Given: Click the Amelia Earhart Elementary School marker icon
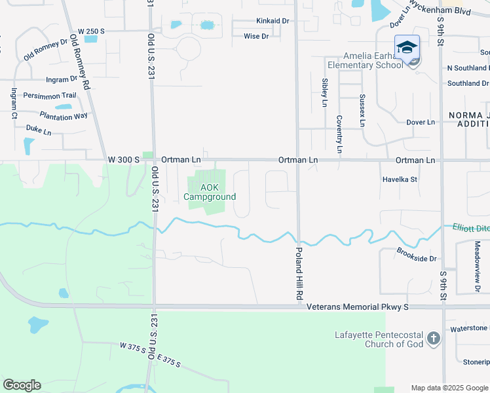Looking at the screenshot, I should tap(407, 48).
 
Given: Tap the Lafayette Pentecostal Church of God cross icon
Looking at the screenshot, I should tap(432, 339).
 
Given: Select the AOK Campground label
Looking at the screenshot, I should tap(210, 192).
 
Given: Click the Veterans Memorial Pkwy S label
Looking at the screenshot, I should tap(358, 307).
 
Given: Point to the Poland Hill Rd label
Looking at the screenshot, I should tap(299, 274).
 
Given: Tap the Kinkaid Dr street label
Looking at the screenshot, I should tap(273, 21).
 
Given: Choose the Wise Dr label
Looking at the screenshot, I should tap(256, 36).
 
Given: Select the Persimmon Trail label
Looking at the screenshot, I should tap(49, 96).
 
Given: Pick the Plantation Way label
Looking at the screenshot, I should tap(63, 116).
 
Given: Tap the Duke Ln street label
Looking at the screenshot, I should tap(38, 130).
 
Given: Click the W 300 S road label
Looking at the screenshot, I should tap(124, 160).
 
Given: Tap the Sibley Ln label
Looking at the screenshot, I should tap(324, 92).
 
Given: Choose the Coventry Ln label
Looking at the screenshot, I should tap(339, 134).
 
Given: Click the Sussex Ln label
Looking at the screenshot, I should tap(362, 110).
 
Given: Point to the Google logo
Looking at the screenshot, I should tap(22, 385).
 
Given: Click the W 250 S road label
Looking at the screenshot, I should tap(91, 31).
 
